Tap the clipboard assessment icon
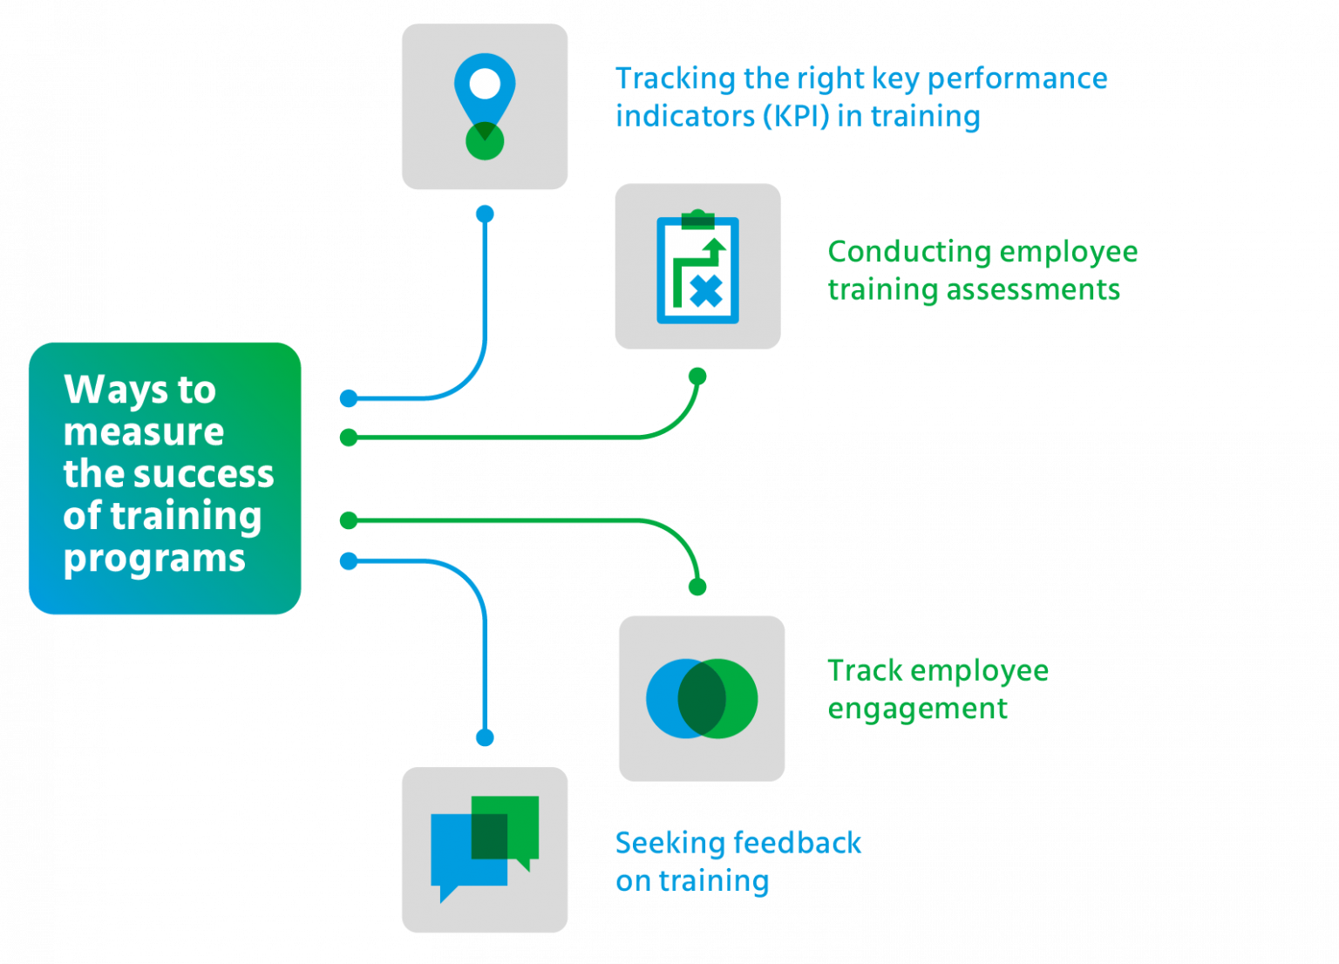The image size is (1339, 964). [697, 267]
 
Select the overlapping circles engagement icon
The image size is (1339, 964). [702, 698]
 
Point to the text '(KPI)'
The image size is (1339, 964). [796, 116]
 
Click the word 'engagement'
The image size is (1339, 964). [917, 709]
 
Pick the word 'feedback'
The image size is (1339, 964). [798, 843]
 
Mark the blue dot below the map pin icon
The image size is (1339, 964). [485, 214]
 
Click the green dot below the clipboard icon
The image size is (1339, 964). [697, 377]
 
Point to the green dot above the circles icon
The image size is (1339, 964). [697, 587]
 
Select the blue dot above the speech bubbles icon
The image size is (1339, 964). [485, 738]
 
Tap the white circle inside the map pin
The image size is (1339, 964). [485, 84]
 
